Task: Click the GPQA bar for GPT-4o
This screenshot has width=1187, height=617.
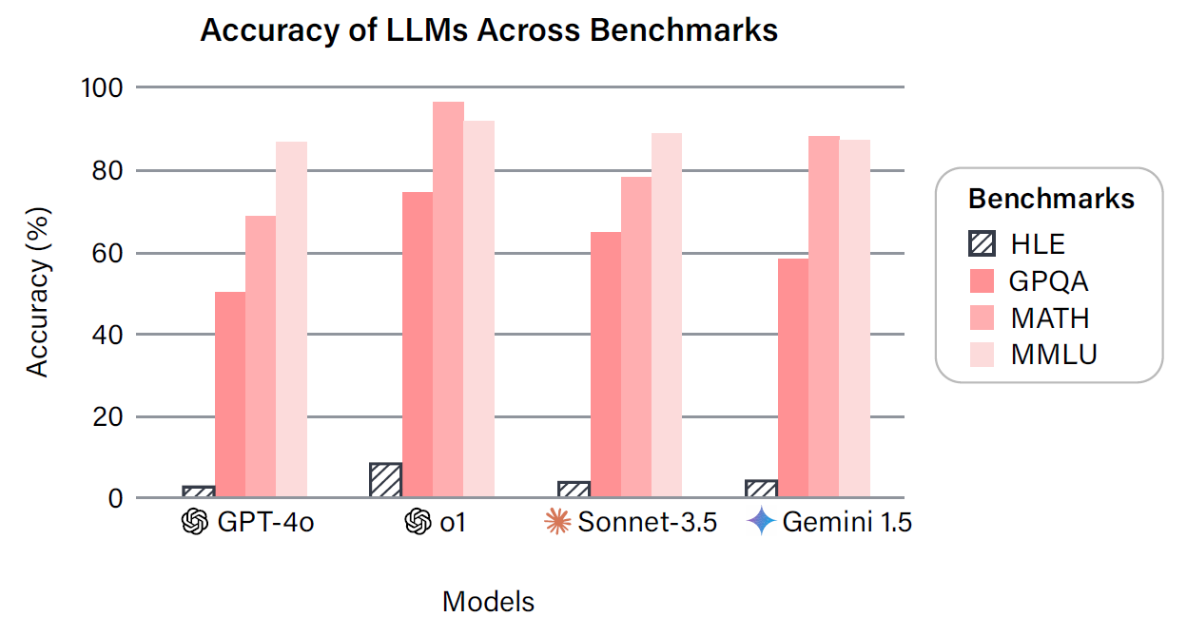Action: (x=229, y=395)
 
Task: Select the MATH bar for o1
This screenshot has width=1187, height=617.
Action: (x=448, y=299)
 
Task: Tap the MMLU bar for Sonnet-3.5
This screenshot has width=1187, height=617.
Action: (x=666, y=315)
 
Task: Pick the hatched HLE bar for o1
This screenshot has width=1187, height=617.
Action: (x=385, y=480)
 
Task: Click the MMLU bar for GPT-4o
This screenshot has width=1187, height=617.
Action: (x=291, y=319)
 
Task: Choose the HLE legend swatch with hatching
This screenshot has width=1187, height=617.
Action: (x=982, y=243)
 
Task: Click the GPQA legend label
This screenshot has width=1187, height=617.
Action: (x=1049, y=281)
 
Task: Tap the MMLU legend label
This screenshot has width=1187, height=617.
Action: (x=1054, y=355)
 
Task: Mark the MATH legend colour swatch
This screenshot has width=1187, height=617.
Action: (x=982, y=318)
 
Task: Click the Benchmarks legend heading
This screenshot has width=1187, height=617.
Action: (x=1051, y=199)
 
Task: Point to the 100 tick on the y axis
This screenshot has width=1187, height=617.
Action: (x=105, y=87)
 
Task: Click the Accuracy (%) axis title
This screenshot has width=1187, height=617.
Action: (x=37, y=293)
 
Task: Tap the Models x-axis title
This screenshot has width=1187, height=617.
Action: (x=488, y=601)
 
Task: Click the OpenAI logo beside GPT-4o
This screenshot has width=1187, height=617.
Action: (x=194, y=522)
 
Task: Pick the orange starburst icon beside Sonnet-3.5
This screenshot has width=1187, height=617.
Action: (x=555, y=522)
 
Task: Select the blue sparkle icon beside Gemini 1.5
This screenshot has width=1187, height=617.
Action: (x=761, y=522)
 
